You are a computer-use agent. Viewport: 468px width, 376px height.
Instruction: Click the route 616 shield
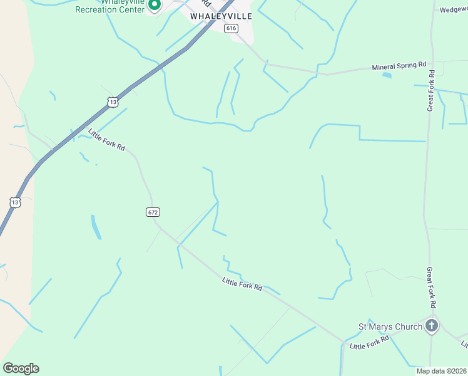[x=231, y=28]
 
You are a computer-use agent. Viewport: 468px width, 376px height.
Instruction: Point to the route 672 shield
[x=153, y=212]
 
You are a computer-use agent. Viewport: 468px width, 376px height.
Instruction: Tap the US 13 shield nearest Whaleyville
[x=112, y=101]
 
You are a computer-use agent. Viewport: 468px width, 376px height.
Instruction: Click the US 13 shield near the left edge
[x=15, y=202]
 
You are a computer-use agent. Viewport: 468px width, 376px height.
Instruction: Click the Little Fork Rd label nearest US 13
[x=107, y=140]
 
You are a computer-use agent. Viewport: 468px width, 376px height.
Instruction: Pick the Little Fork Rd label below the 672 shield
[x=242, y=283]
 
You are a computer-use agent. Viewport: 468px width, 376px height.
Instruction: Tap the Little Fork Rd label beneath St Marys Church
[x=369, y=342]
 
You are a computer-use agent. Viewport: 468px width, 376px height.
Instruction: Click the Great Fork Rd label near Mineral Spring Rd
[x=431, y=91]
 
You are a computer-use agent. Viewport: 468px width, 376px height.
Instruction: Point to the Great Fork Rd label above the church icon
[x=431, y=287]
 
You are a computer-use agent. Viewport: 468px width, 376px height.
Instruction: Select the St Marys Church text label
[x=389, y=326]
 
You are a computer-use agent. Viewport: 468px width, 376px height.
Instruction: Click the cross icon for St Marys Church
[x=432, y=326]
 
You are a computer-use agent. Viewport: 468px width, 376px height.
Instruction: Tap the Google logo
[x=21, y=368]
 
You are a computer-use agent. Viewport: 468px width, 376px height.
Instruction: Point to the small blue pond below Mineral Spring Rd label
[x=386, y=76]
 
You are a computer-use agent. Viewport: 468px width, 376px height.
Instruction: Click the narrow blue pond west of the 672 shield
[x=96, y=227]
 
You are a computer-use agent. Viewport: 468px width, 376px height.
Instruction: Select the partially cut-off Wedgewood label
[x=453, y=10]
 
